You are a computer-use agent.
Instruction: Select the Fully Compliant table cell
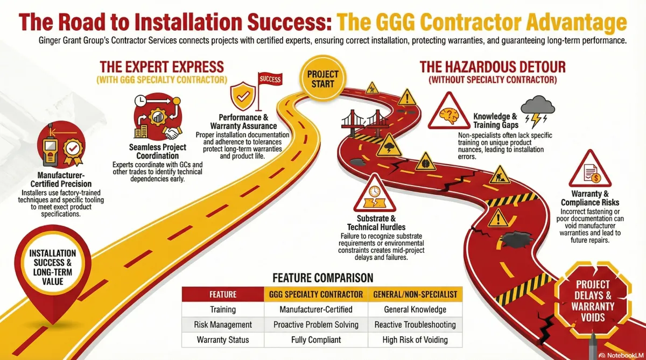coord(316,340)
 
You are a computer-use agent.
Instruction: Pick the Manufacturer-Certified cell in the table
coord(316,309)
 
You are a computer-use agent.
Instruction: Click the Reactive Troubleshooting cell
coord(415,324)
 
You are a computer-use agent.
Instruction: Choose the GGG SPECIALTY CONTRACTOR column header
coord(316,294)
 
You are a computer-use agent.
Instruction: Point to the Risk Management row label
coord(223,324)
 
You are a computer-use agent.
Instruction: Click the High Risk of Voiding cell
coord(415,340)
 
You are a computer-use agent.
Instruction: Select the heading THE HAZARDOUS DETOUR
coord(492,67)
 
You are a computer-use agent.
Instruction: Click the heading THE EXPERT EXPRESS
coord(161,67)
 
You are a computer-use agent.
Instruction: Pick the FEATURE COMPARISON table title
coord(322,278)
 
